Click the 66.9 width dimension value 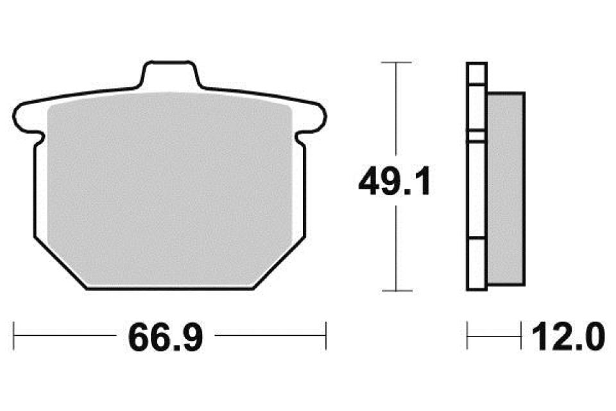click(x=166, y=337)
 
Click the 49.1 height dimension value click(x=395, y=181)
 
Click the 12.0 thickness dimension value click(x=568, y=337)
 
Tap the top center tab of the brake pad click(x=171, y=74)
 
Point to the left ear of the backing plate click(x=28, y=117)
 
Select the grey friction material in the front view click(x=169, y=189)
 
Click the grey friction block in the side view click(x=506, y=189)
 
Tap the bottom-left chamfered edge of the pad click(x=60, y=263)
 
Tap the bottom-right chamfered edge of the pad click(x=280, y=263)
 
